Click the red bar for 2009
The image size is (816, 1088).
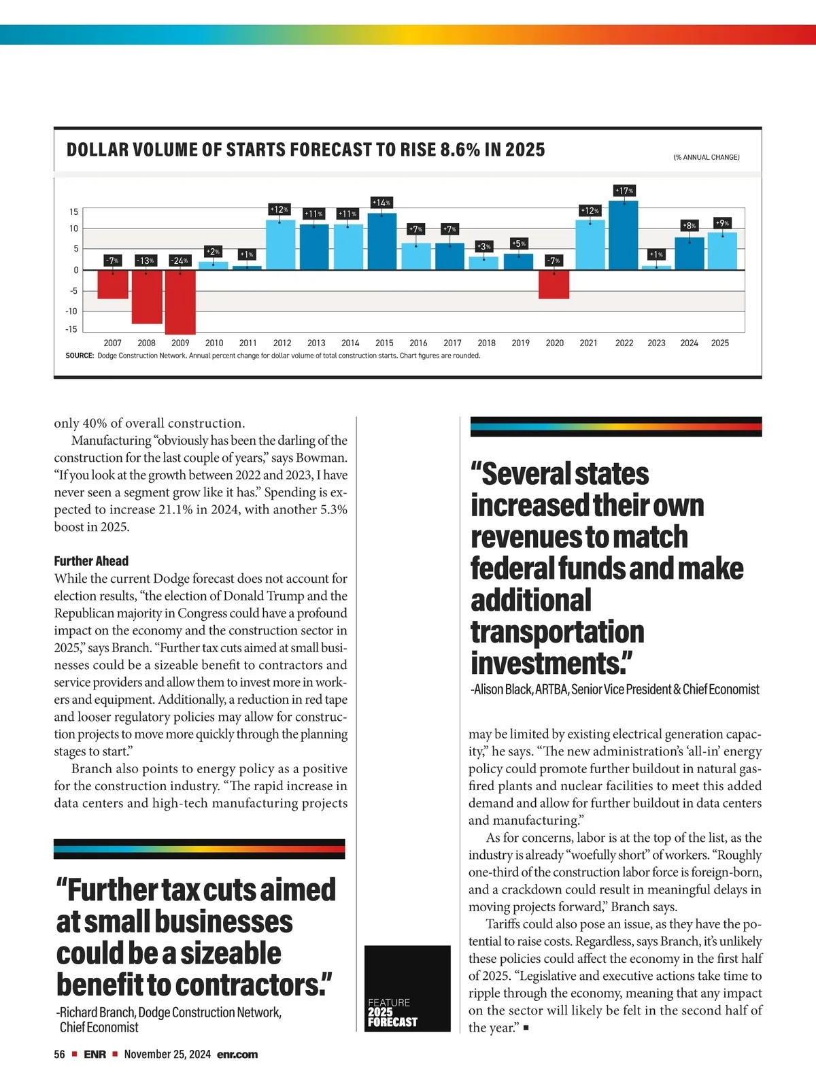(180, 301)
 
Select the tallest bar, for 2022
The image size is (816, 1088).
(624, 235)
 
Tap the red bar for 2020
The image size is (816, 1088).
(554, 284)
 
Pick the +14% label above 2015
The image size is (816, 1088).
(381, 203)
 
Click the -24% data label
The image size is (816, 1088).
(180, 260)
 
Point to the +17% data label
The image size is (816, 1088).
(624, 190)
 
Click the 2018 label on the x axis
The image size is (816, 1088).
(486, 343)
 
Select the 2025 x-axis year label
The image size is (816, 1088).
(720, 343)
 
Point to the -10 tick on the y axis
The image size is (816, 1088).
(71, 311)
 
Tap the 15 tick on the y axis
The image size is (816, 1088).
(73, 211)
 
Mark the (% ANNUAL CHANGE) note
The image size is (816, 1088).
(707, 158)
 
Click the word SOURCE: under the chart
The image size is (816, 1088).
(80, 356)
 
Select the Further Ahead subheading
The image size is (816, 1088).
(91, 561)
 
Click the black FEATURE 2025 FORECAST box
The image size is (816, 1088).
(407, 988)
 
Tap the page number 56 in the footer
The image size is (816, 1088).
(60, 1055)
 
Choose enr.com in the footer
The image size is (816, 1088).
(237, 1055)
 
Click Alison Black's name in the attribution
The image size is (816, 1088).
(503, 690)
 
